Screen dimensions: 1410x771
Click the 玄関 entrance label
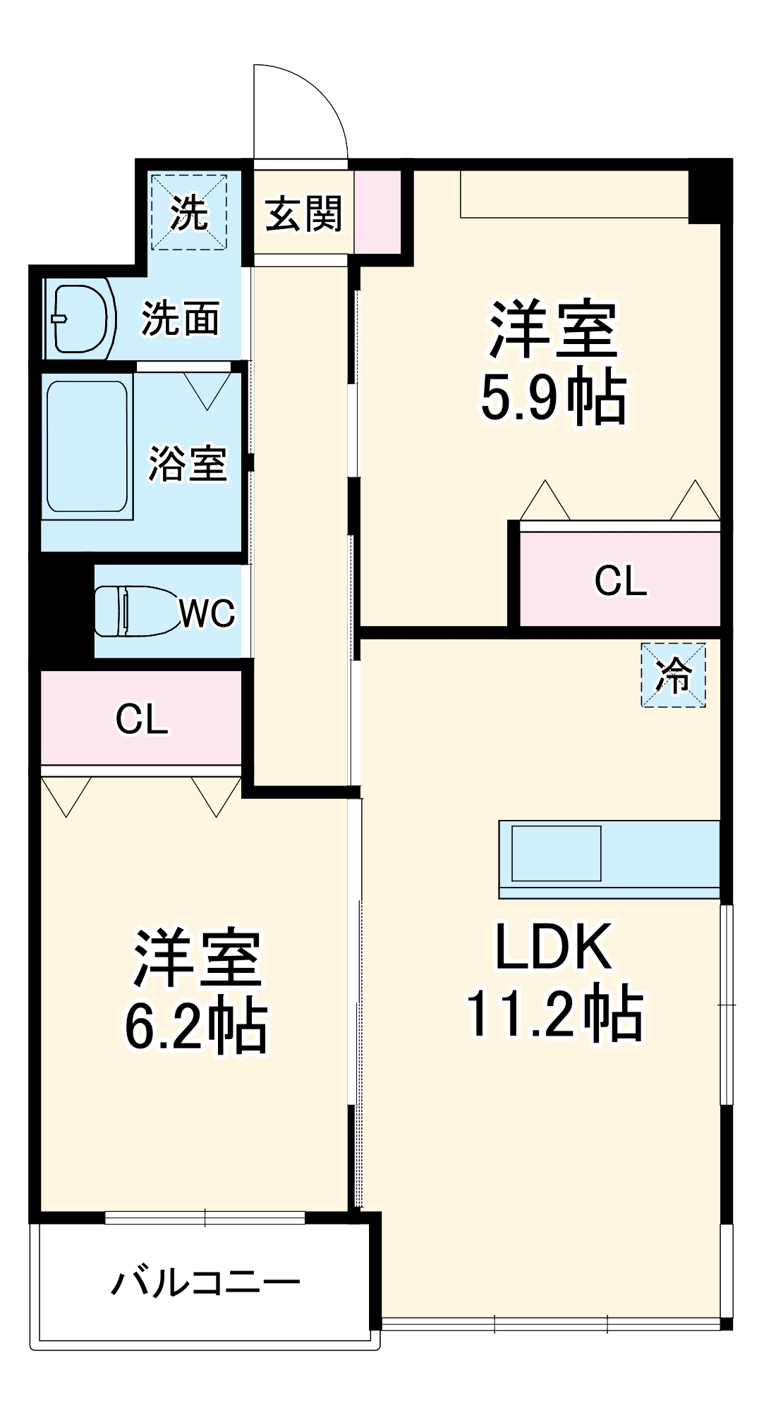pos(303,214)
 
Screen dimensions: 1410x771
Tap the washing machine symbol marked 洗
pos(189,212)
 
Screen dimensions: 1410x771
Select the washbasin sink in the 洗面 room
pos(80,319)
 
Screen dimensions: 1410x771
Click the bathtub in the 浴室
pos(87,447)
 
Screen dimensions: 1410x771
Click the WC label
pos(207,613)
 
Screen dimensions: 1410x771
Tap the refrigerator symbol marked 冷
pos(673,675)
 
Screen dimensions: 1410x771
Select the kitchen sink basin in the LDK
pos(556,853)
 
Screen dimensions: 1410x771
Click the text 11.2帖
pos(554,1015)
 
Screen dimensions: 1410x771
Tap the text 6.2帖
pos(197,1026)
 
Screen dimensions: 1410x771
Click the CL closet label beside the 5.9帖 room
pos(620,580)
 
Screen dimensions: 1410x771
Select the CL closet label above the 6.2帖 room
pos(142,719)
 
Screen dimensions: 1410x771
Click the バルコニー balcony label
pos(205,1282)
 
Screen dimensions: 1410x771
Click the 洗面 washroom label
pos(181,319)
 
